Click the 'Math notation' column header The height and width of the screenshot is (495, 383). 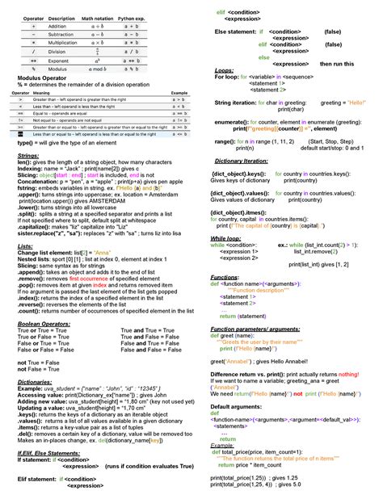point(98,18)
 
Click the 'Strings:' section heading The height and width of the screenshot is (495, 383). point(27,154)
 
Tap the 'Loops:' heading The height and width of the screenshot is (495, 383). point(224,70)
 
